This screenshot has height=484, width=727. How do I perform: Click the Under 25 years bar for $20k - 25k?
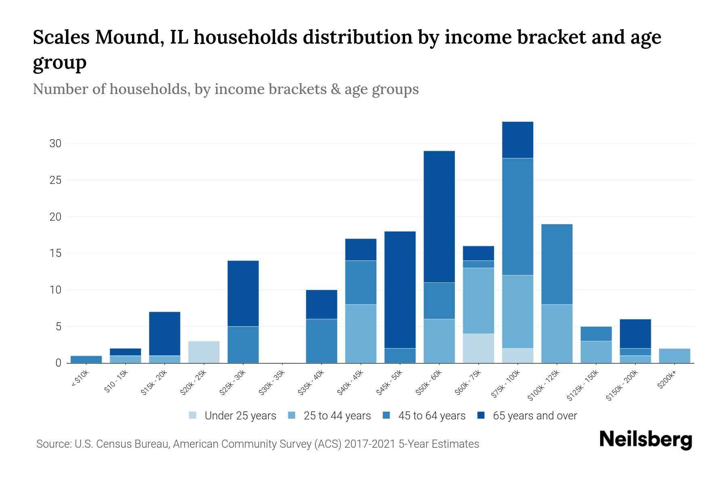(x=204, y=352)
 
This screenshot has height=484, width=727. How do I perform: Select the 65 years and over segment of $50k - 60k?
(x=439, y=217)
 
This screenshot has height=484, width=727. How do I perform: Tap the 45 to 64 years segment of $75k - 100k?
(x=517, y=217)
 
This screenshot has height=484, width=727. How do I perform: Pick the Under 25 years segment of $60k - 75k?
(x=478, y=348)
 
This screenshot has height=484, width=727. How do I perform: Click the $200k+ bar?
(x=674, y=356)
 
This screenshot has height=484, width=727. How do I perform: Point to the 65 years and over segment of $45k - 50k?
(x=400, y=290)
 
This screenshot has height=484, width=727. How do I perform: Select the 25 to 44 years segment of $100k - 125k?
(x=557, y=334)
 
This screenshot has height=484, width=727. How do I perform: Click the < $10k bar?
(x=86, y=359)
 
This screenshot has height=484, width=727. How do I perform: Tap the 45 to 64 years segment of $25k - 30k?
(x=243, y=344)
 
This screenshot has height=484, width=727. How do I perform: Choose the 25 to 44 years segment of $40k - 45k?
(x=361, y=334)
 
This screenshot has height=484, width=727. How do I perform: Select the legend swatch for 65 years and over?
(x=481, y=415)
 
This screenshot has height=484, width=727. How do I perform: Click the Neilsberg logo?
(x=645, y=440)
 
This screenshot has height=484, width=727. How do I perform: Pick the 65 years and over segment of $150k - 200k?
(x=635, y=334)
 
